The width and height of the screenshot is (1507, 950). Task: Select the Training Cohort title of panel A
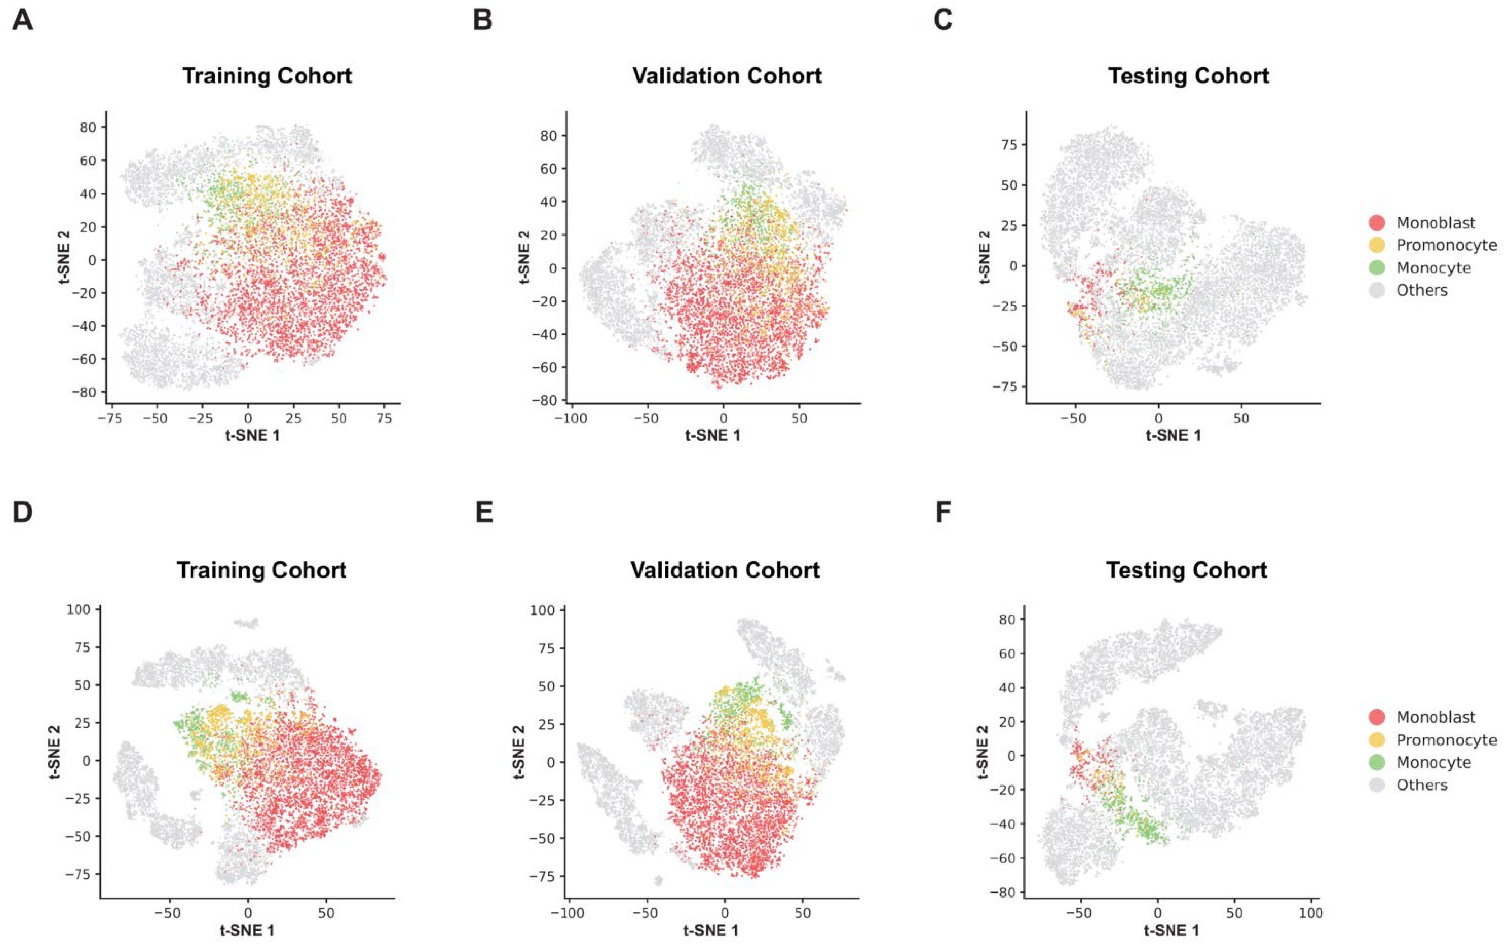pos(267,76)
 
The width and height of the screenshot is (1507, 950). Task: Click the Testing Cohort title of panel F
pos(1186,570)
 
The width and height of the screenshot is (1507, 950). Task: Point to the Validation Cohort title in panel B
pos(727,76)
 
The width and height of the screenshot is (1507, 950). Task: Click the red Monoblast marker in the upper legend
pos(1377,222)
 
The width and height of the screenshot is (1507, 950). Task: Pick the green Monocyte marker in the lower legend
pos(1377,762)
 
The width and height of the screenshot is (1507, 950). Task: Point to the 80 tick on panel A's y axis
pos(88,128)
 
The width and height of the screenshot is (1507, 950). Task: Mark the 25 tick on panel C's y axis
pos(1008,225)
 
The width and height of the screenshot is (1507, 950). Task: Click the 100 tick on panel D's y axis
pos(79,609)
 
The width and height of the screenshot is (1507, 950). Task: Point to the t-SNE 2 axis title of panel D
pos(55,751)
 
